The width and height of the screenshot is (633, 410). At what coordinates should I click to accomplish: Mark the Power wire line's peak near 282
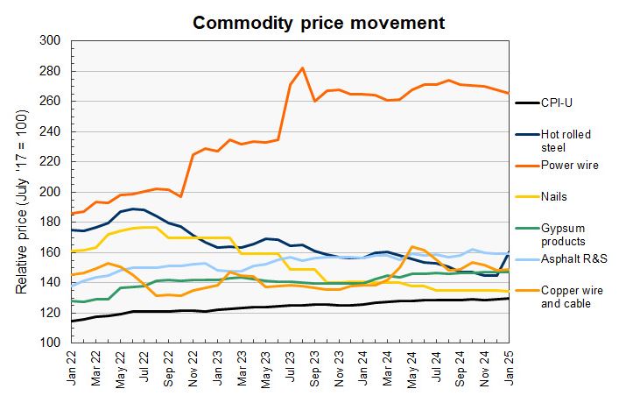[x=302, y=68]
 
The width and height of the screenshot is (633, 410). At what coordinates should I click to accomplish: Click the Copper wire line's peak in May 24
[x=411, y=247]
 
